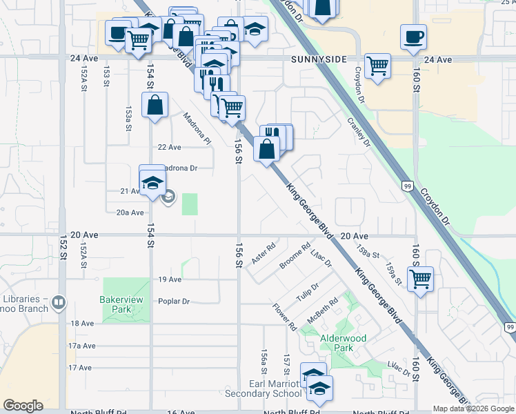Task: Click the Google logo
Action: [x=23, y=406]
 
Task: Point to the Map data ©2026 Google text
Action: [x=474, y=408]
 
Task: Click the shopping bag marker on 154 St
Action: [x=155, y=106]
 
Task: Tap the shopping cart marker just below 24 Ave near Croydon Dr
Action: [x=377, y=66]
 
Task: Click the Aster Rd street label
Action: [x=264, y=253]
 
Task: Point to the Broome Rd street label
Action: [x=295, y=256]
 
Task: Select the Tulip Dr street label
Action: [x=308, y=293]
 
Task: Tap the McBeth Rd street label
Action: [x=323, y=310]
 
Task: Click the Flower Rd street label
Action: [x=284, y=317]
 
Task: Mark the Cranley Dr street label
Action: [x=359, y=132]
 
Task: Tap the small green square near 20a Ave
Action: [x=189, y=204]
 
